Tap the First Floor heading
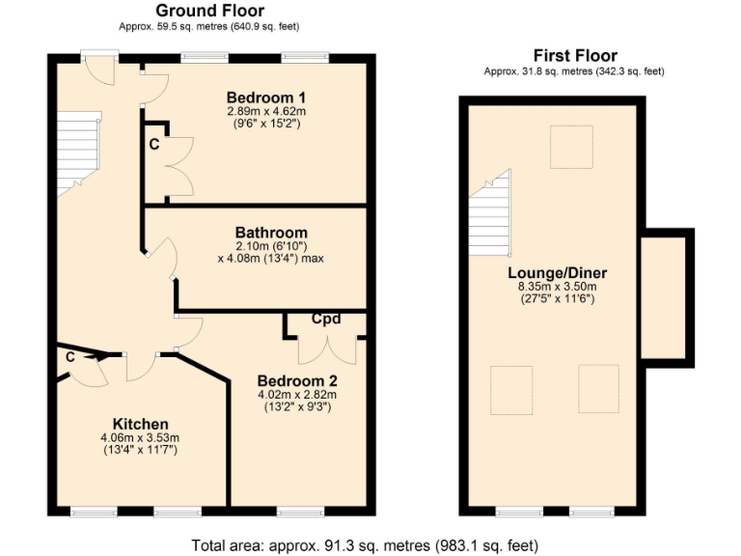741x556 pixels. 575,55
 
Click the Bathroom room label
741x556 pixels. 271,233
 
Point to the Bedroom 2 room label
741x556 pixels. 297,380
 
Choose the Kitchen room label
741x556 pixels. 141,424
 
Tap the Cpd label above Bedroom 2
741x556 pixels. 326,319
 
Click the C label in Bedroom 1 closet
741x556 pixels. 153,145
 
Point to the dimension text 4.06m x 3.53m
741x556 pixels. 141,437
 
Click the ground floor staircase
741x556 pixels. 77,153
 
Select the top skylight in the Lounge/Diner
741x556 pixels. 570,147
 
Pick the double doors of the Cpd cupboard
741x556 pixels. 327,348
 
